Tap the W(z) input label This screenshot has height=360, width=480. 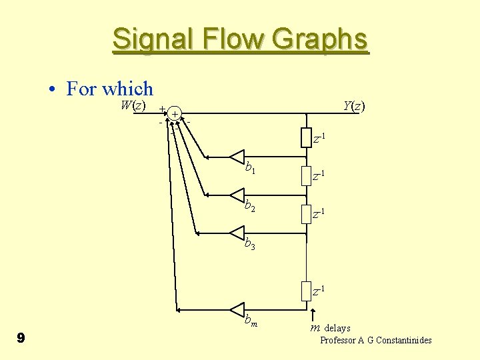tap(133, 105)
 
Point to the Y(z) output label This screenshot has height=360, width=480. tap(354, 105)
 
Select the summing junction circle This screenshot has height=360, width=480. tap(173, 114)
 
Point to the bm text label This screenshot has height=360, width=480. tap(251, 321)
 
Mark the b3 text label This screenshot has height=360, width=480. tap(251, 244)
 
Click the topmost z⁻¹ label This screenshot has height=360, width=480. tap(319, 139)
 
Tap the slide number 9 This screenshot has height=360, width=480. tap(21, 339)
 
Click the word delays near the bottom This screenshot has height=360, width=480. tap(337, 328)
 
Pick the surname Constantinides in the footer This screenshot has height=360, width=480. tap(403, 340)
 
